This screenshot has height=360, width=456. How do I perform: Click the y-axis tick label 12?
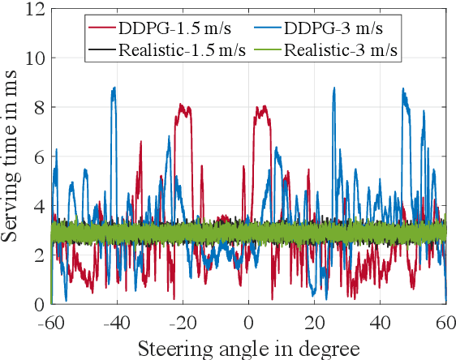click(x=33, y=9)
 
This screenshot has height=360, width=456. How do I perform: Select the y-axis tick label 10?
click(x=33, y=58)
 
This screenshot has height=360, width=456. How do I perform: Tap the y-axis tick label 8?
click(x=38, y=108)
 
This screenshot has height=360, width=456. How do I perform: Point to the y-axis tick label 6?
click(x=38, y=156)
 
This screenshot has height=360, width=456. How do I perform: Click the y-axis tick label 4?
click(x=38, y=206)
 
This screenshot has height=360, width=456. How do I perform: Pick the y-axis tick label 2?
click(x=38, y=255)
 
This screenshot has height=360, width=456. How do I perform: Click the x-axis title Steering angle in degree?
click(x=248, y=349)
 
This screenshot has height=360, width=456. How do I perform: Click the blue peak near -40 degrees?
click(x=114, y=89)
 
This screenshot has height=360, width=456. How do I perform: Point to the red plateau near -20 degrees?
click(x=184, y=108)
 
